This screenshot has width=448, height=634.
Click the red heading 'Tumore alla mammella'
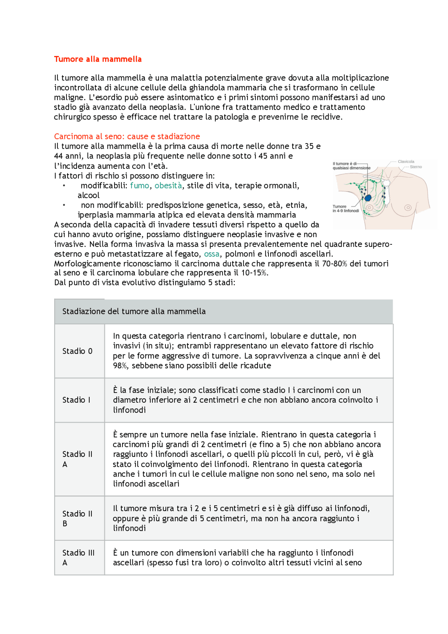(98, 59)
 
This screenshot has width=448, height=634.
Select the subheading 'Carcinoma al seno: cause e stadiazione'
(127, 136)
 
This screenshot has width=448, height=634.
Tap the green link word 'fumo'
(139, 186)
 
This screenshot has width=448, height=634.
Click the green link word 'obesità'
(168, 186)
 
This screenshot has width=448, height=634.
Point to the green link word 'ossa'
(212, 254)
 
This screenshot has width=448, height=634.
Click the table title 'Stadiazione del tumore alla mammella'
(134, 311)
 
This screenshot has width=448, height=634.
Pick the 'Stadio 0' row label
(77, 351)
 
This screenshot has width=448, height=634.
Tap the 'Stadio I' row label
(76, 400)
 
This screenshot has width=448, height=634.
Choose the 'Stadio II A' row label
(77, 459)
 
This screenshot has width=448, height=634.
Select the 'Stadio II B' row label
(77, 518)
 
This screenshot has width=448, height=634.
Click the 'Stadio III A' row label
(78, 557)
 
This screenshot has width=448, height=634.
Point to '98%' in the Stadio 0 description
(120, 365)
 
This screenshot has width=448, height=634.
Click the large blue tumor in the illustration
(367, 198)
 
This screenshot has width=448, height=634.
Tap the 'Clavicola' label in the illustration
(406, 161)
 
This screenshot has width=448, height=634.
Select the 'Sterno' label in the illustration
(416, 167)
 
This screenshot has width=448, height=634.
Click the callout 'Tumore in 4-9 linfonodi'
(345, 209)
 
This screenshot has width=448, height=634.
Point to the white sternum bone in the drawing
(387, 194)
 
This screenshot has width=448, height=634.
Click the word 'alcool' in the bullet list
(89, 195)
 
